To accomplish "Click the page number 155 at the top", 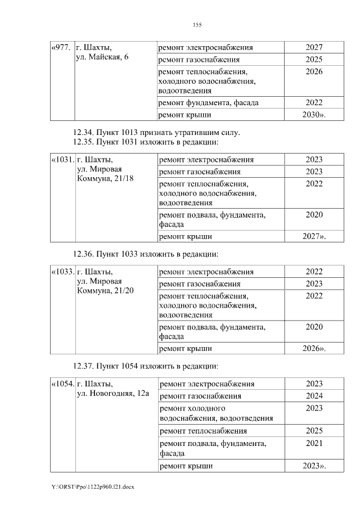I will pyautogui.click(x=197, y=25).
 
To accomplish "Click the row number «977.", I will pyautogui.click(x=61, y=47).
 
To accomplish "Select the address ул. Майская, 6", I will pyautogui.click(x=102, y=57).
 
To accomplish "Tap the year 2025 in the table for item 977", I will pyautogui.click(x=314, y=59).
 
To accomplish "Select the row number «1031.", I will pyautogui.click(x=62, y=160).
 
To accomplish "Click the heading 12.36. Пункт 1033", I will pyautogui.click(x=146, y=254).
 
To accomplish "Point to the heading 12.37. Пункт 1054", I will pyautogui.click(x=146, y=366).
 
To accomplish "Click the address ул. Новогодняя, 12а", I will pyautogui.click(x=112, y=394).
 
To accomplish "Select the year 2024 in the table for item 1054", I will pyautogui.click(x=314, y=395).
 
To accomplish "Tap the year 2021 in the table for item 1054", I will pyautogui.click(x=314, y=444).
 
